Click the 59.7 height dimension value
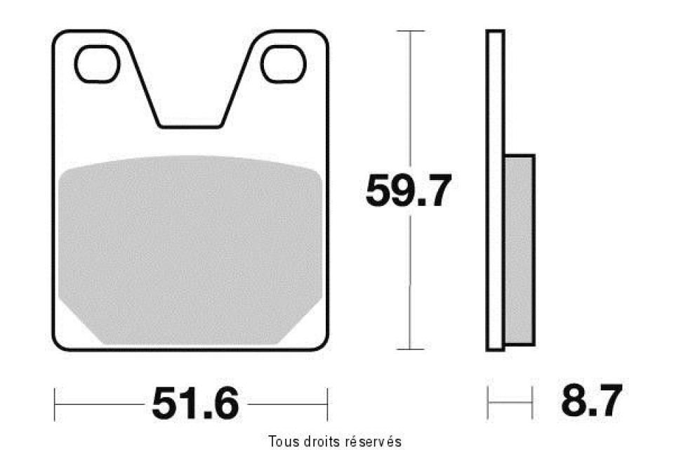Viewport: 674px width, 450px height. (x=407, y=191)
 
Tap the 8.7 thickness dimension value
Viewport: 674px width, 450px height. (x=590, y=403)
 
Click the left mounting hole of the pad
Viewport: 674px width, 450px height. (x=96, y=63)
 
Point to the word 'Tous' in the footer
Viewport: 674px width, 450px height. (x=282, y=441)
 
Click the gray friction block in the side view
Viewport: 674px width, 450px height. (x=519, y=250)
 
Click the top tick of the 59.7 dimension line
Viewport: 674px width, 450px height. (x=411, y=31)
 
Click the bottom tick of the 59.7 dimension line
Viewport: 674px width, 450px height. (x=411, y=348)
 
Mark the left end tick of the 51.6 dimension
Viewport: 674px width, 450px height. (x=55, y=404)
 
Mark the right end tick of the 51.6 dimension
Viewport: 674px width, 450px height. (x=327, y=404)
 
